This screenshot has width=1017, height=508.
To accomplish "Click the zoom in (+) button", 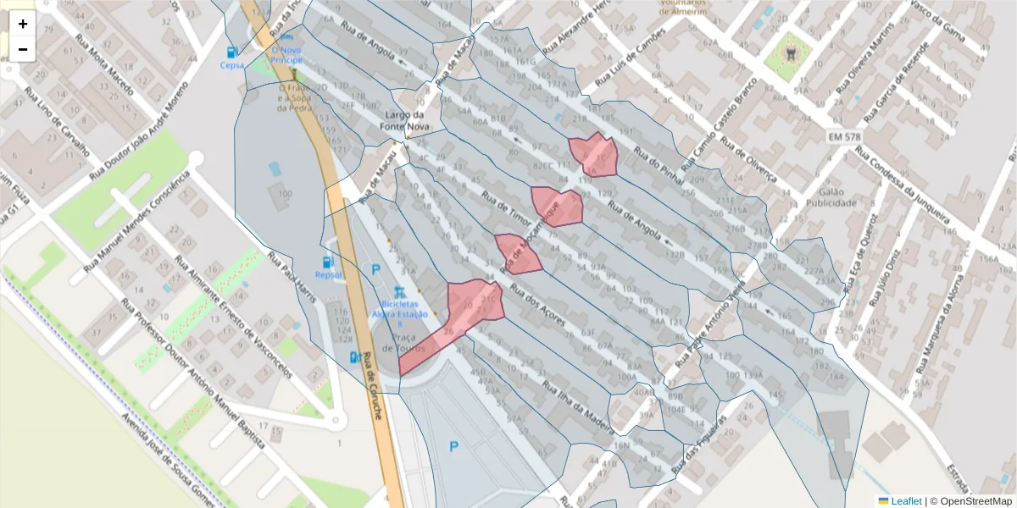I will click(x=23, y=24).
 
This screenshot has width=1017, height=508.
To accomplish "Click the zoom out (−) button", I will click(x=23, y=49).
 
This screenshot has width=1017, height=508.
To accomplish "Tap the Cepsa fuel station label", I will click(x=231, y=64).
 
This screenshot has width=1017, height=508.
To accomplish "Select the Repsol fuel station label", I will click(x=327, y=274).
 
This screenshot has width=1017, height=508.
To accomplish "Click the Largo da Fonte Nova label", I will click(x=407, y=120).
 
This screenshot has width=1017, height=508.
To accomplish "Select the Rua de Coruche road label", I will click(x=374, y=385).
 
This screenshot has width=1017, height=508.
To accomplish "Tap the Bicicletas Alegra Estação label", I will click(x=399, y=308).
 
